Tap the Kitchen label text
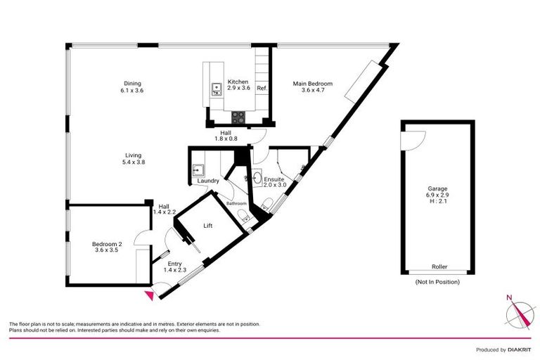(238, 82)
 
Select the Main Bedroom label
(312, 84)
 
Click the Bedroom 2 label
(112, 244)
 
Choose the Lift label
(207, 226)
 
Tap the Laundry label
(208, 181)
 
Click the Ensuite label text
(274, 180)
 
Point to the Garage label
(437, 188)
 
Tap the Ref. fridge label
(262, 88)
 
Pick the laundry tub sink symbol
(198, 169)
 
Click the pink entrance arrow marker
(148, 296)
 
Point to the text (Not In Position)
(438, 282)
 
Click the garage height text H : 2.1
(437, 202)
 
